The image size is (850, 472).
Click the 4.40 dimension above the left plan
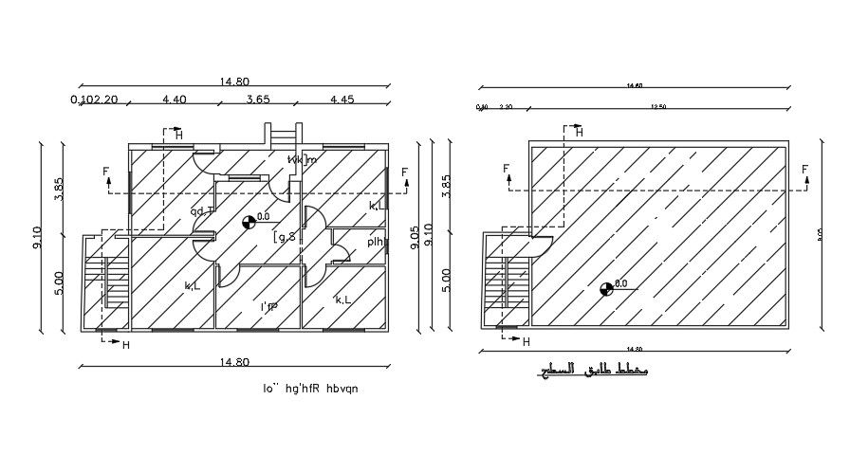click(175, 99)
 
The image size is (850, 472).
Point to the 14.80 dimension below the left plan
click(234, 361)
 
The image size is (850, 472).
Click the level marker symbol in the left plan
click(249, 221)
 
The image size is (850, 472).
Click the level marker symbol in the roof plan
click(607, 287)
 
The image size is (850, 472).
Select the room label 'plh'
click(375, 242)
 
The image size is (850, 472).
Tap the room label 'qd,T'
click(202, 211)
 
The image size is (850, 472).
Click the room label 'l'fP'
click(268, 307)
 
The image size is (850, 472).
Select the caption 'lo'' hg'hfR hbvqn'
click(312, 388)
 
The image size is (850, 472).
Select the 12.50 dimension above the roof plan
click(658, 107)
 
